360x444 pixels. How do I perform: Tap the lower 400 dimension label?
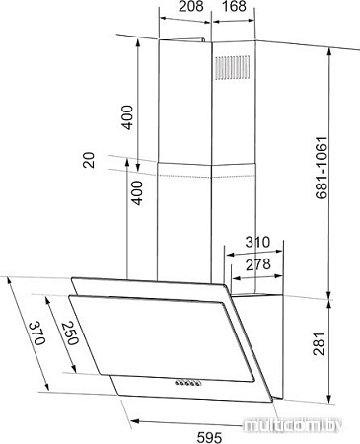(x=137, y=194)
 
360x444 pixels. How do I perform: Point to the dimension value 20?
(x=91, y=158)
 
